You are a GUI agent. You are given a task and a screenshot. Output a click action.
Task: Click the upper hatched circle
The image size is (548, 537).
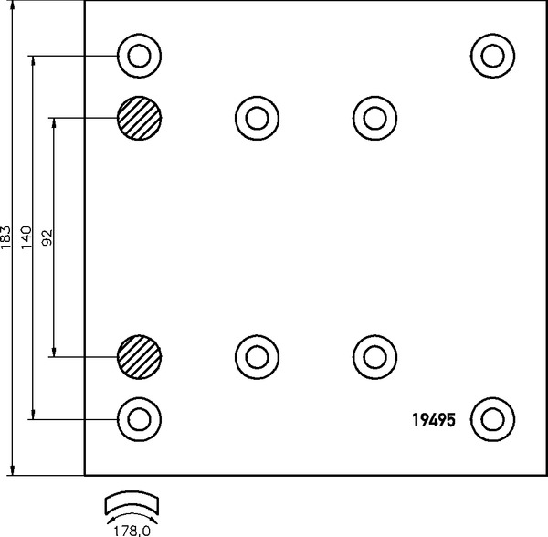(139, 118)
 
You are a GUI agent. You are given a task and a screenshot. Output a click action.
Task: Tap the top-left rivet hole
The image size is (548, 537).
(139, 56)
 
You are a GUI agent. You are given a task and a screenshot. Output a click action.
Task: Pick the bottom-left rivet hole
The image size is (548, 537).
(139, 419)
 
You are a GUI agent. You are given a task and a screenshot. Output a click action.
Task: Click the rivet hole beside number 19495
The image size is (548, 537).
(491, 419)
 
